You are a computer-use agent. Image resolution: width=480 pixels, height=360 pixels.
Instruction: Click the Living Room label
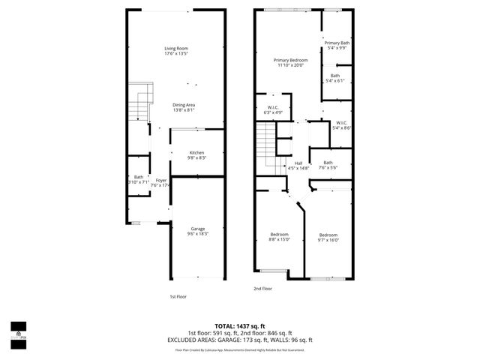click(175, 49)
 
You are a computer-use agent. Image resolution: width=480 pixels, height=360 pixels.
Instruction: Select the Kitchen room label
click(196, 152)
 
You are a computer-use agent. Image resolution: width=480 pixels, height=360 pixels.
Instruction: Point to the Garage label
click(197, 229)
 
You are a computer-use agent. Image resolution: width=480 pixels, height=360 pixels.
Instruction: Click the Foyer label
click(160, 180)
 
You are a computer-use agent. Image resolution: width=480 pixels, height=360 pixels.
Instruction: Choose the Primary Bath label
click(337, 43)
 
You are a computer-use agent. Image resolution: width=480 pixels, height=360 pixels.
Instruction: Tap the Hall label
click(298, 163)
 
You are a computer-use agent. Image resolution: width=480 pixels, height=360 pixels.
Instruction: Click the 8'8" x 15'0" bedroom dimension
click(280, 239)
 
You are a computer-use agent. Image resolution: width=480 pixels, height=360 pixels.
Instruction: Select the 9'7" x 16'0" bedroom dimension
click(328, 239)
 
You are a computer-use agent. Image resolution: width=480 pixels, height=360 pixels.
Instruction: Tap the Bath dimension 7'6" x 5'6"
click(328, 167)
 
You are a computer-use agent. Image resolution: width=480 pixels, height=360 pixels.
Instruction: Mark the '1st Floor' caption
click(177, 296)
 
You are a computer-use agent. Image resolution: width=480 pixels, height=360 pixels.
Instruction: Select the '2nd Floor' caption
click(262, 288)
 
